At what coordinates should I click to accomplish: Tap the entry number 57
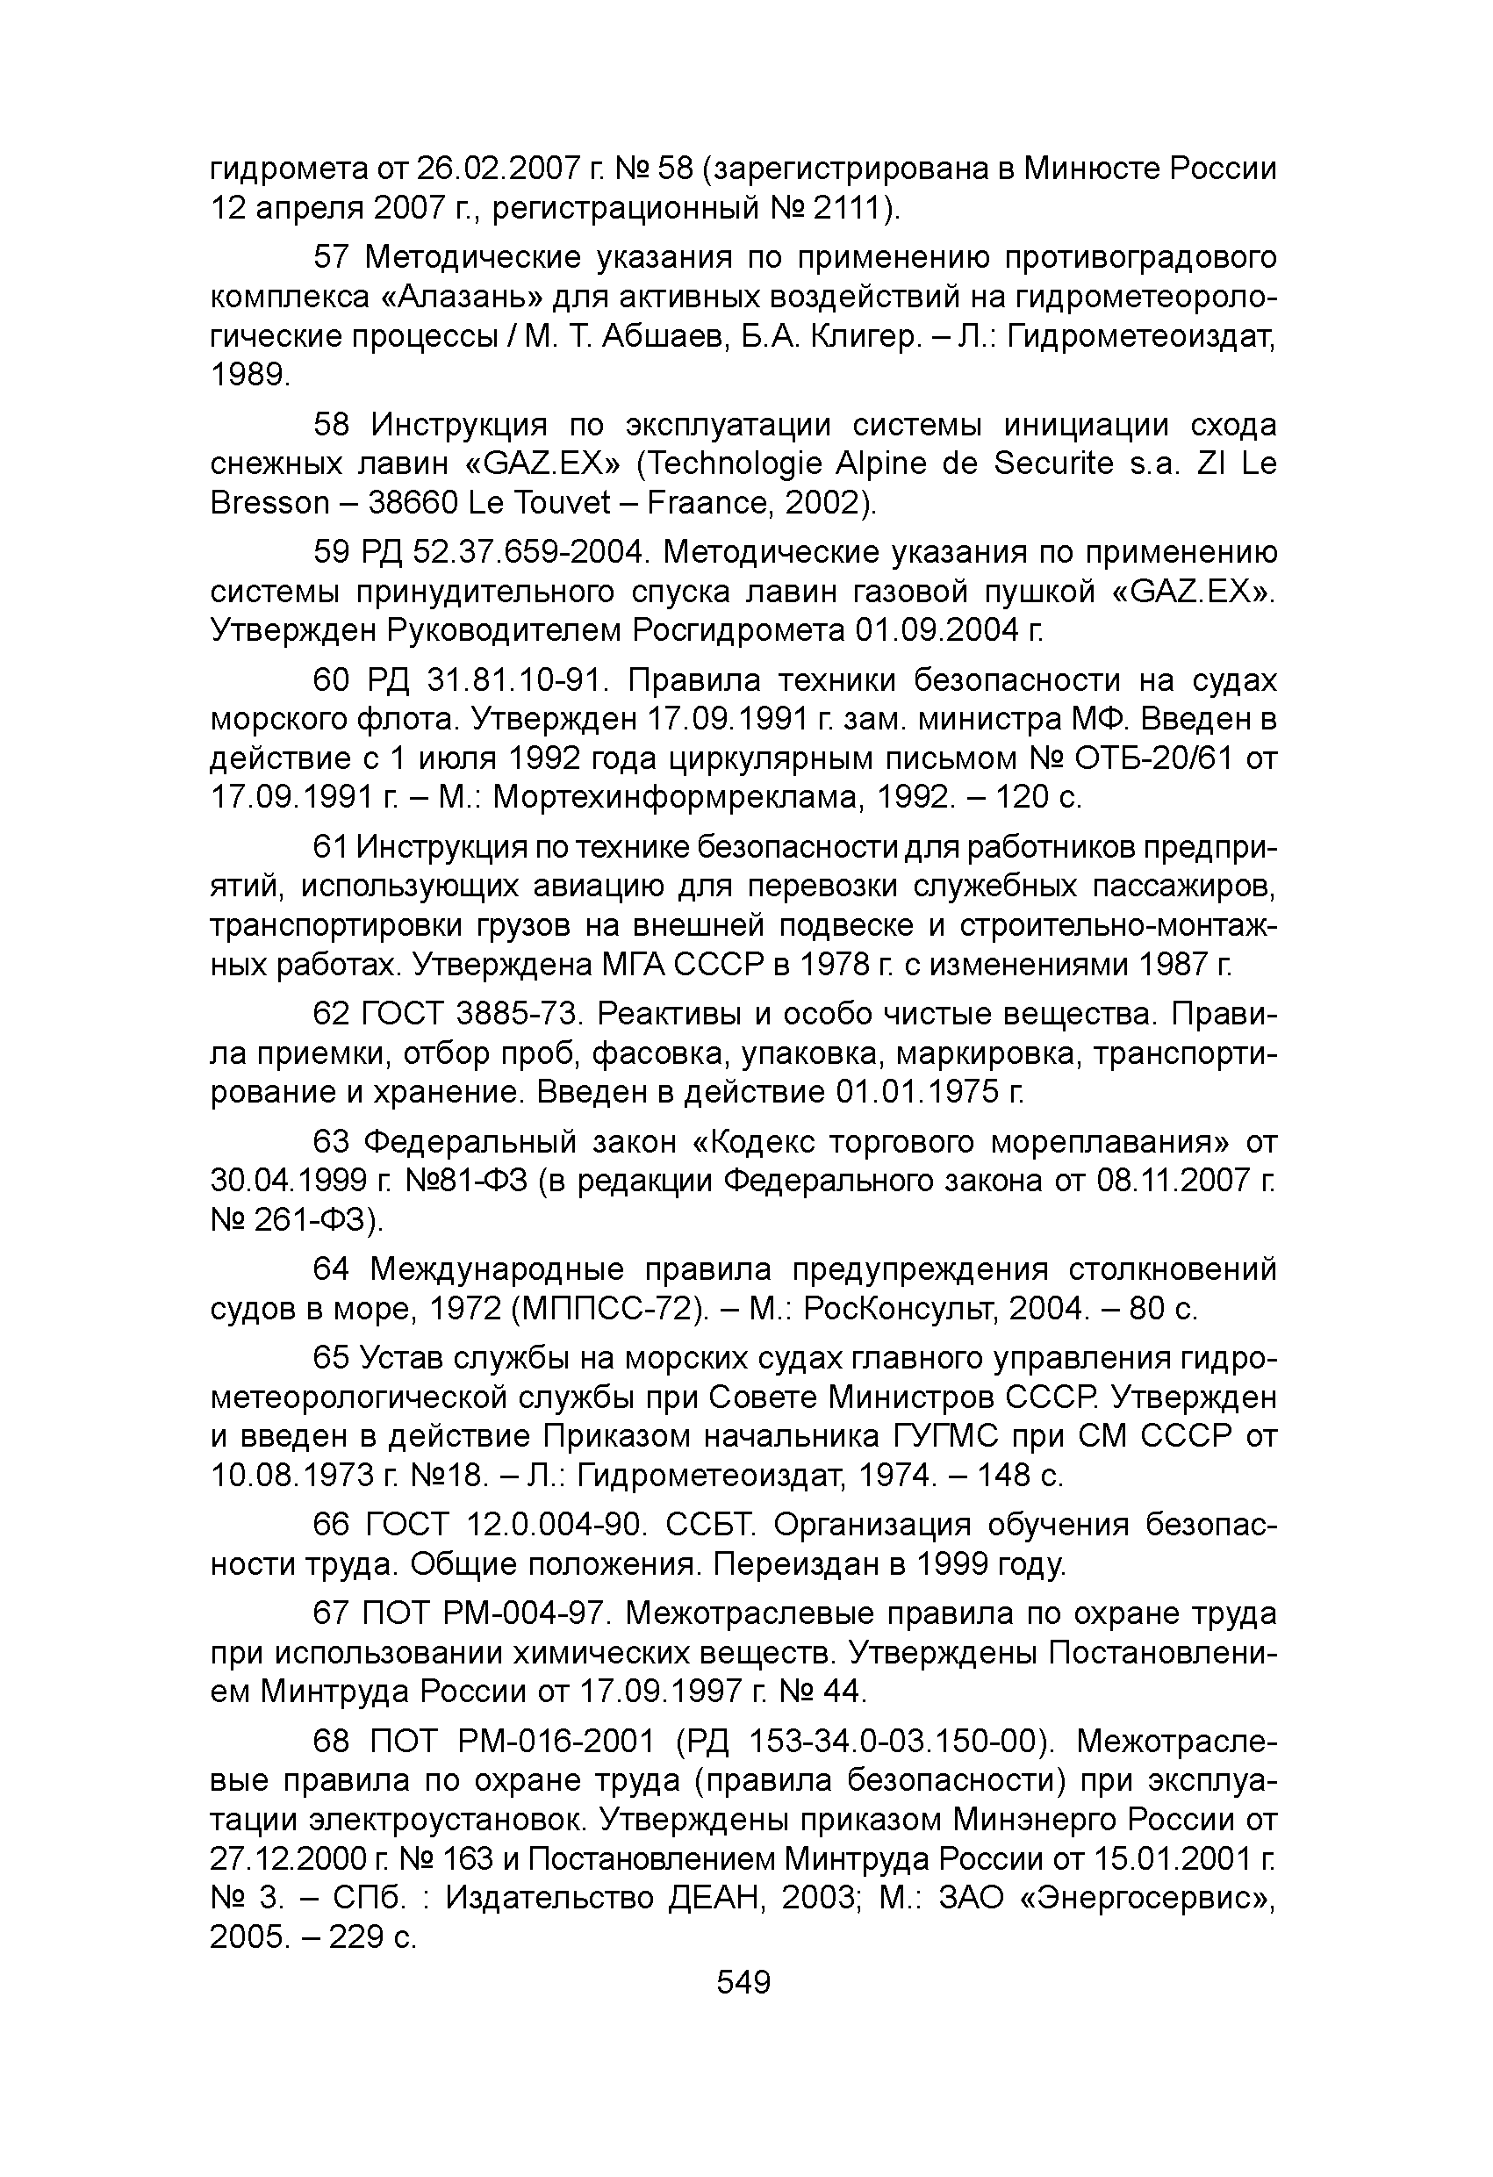(330, 256)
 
